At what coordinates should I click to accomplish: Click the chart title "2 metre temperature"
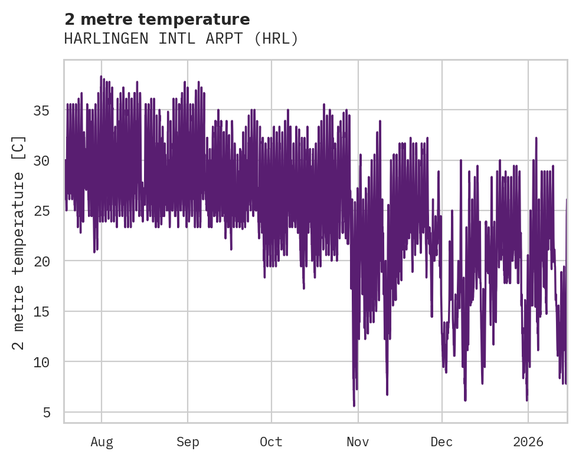157,19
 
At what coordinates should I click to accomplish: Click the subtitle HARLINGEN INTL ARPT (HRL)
181,39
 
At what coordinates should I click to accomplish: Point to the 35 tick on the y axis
49,110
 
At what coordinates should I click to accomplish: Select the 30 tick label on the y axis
49,160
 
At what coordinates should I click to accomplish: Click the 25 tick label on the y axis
49,210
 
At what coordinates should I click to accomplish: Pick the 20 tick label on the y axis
49,261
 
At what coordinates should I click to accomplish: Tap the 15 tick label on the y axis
49,311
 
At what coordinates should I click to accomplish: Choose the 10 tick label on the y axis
49,361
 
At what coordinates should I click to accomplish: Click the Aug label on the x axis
102,442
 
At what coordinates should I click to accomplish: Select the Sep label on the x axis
188,442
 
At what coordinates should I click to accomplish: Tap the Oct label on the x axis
271,442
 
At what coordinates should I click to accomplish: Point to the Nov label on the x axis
358,442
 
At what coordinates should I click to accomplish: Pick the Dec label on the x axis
441,442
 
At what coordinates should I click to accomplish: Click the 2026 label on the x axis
528,442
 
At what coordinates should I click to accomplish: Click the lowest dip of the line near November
354,405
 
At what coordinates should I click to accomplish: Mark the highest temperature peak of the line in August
101,77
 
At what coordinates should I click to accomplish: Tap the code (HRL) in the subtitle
278,39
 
